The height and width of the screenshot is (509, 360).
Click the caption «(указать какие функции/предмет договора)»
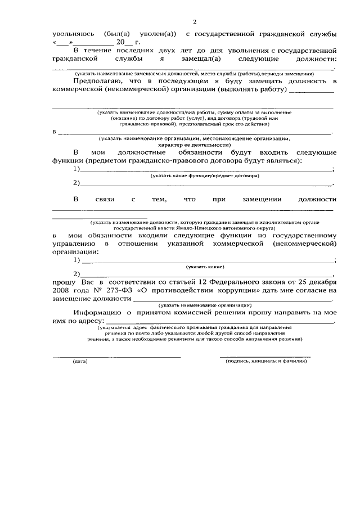pos(204,176)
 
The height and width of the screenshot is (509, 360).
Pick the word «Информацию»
pos(97,313)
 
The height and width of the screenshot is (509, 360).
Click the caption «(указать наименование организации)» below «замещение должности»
pos(205,305)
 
